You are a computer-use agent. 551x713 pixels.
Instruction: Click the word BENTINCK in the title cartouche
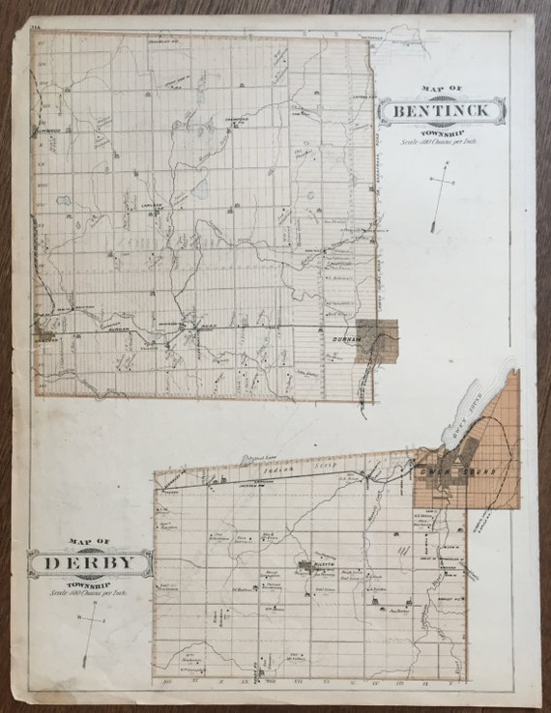coord(441,111)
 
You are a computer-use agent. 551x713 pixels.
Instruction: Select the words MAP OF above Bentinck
coord(440,90)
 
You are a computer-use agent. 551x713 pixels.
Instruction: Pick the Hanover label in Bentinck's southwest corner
coord(45,337)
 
